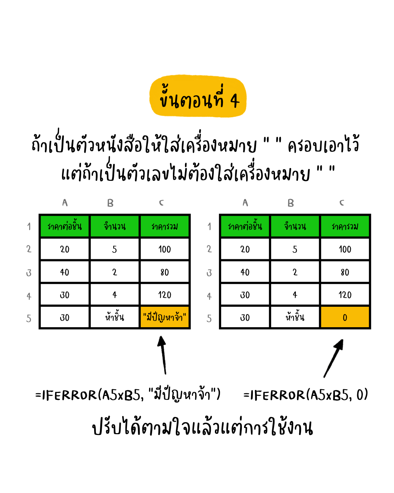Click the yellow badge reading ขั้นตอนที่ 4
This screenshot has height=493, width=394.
tap(198, 97)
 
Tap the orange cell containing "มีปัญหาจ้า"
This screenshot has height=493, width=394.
tap(165, 317)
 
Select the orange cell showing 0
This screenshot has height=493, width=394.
tap(345, 317)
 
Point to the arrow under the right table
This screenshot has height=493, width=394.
tap(334, 358)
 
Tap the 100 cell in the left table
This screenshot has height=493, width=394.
tap(165, 249)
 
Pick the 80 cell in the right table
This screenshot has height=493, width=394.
tap(345, 272)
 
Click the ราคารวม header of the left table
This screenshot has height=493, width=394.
tap(165, 226)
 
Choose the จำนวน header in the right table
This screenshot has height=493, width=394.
tap(295, 226)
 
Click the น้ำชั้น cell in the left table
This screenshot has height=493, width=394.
tap(115, 317)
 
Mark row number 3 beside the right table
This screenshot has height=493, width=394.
tap(209, 273)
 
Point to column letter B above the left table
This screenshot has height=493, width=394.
tap(110, 203)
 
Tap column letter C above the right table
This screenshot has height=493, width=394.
tap(342, 203)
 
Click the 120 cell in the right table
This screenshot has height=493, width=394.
tap(345, 295)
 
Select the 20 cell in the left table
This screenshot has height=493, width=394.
tap(65, 249)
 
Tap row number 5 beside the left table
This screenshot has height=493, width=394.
tap(29, 318)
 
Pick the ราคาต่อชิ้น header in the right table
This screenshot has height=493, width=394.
tap(245, 226)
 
